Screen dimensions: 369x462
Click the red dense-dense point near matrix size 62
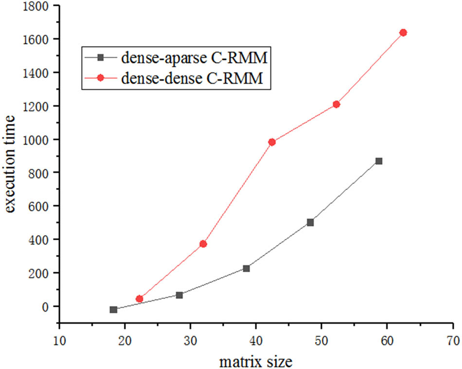[x=403, y=33]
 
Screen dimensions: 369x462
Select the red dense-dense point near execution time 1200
[x=336, y=104]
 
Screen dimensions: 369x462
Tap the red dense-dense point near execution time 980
[x=272, y=142]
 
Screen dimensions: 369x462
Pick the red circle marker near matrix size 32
[x=203, y=244]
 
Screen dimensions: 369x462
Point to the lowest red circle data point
[x=140, y=299]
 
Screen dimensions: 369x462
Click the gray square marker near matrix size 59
[x=379, y=161]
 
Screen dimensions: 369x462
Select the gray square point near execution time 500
[x=310, y=222]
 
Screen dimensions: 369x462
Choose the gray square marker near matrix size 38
[x=247, y=268]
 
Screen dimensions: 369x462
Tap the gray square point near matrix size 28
[x=179, y=295]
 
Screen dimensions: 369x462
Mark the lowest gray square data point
[x=114, y=310]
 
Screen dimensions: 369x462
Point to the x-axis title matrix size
[x=256, y=361]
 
